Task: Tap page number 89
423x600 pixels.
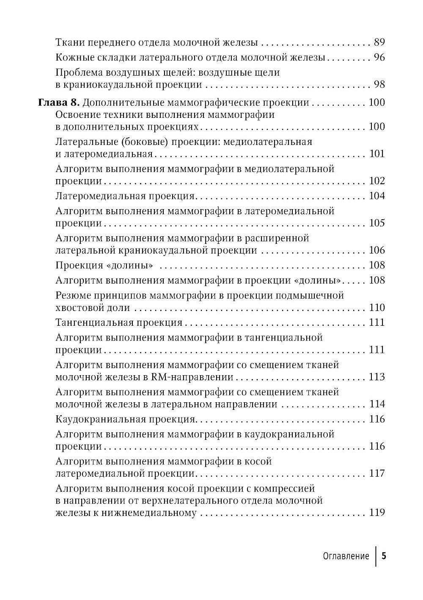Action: click(379, 42)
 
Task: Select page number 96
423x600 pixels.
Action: click(379, 57)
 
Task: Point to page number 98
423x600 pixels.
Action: click(379, 84)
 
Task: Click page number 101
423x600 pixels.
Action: click(377, 153)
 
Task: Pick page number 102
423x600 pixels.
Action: click(377, 181)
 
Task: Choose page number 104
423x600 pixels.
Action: click(377, 196)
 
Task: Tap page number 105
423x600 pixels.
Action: click(377, 223)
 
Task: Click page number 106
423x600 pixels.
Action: click(377, 250)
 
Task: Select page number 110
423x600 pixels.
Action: click(377, 308)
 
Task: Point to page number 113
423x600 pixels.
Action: click(377, 377)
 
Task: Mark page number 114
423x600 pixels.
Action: click(377, 404)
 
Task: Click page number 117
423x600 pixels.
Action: click(377, 473)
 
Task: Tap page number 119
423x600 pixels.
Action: click(377, 513)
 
